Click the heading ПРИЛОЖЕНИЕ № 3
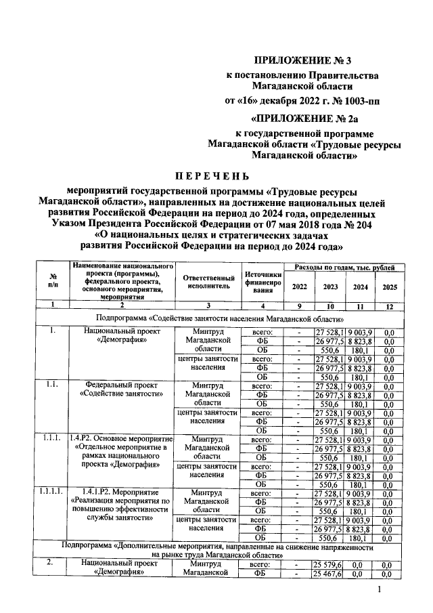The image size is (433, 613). tap(302, 61)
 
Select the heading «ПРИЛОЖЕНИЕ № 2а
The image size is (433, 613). tap(302, 119)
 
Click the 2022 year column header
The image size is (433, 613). tap(298, 287)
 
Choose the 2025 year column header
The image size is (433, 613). tap(389, 287)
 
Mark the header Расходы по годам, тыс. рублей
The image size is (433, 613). tap(344, 269)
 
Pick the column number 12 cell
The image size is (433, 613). tap(389, 305)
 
